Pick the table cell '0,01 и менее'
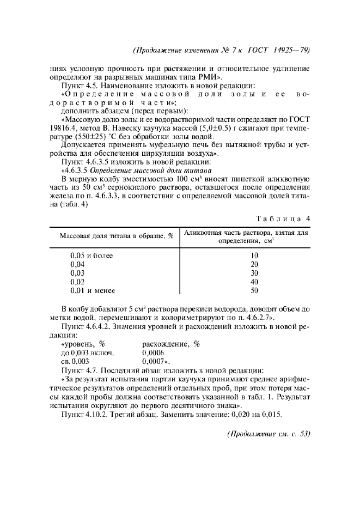(x=93, y=290)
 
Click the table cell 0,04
(x=78, y=264)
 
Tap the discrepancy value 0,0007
(x=155, y=361)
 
